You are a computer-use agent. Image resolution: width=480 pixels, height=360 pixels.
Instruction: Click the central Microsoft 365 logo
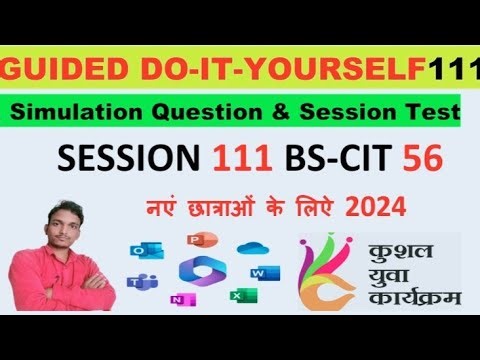pyautogui.click(x=196, y=271)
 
